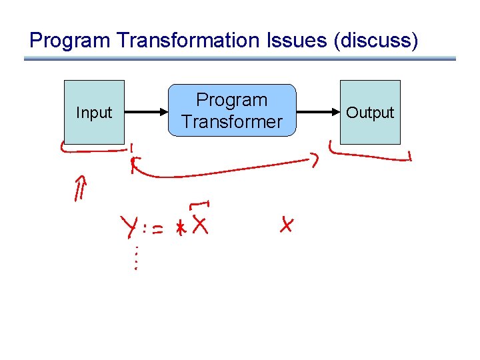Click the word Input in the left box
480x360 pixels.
tap(94, 113)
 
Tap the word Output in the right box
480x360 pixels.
tap(370, 113)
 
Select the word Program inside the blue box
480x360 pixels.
tap(231, 100)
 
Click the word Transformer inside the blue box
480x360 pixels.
tap(232, 122)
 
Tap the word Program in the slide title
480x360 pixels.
tap(71, 41)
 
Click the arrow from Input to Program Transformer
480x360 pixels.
tap(146, 112)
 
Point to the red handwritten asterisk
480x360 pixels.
tap(179, 227)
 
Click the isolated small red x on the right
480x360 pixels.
tap(287, 225)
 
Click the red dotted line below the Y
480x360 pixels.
tap(135, 258)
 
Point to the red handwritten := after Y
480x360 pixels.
tap(155, 229)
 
